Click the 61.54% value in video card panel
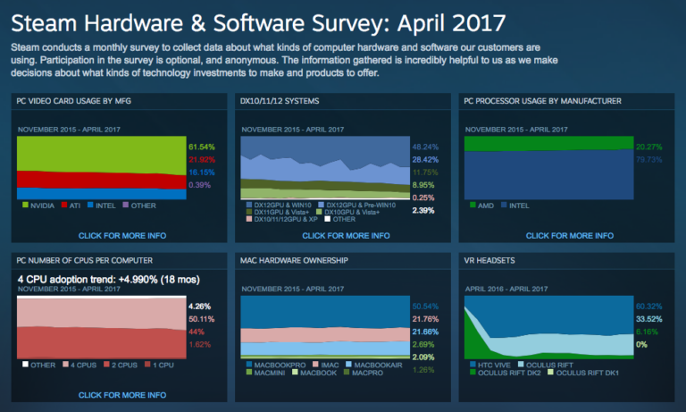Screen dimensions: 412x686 pos(203,145)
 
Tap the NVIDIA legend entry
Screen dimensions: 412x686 pos(40,205)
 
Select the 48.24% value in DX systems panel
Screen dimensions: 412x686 pos(424,146)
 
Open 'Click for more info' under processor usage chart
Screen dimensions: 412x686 pos(569,236)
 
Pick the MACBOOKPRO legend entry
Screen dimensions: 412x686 pos(275,365)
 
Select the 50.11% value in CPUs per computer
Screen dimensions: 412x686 pos(201,318)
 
